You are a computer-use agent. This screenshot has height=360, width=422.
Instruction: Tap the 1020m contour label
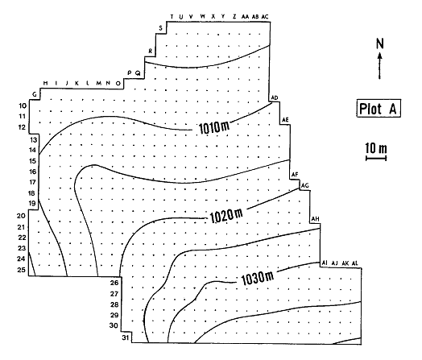(x=225, y=215)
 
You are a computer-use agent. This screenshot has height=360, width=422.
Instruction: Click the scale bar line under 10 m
(x=375, y=158)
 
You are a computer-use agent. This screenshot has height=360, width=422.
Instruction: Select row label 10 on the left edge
(x=22, y=106)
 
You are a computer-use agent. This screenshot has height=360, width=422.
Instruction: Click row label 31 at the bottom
(x=125, y=337)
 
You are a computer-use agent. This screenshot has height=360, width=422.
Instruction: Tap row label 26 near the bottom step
(x=114, y=283)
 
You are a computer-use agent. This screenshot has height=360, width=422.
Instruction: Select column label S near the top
(x=161, y=28)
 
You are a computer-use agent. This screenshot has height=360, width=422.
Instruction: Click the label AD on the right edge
(x=275, y=98)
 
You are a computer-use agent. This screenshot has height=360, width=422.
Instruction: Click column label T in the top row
(x=171, y=15)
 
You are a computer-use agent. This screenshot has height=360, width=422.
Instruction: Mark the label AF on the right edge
(x=295, y=175)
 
